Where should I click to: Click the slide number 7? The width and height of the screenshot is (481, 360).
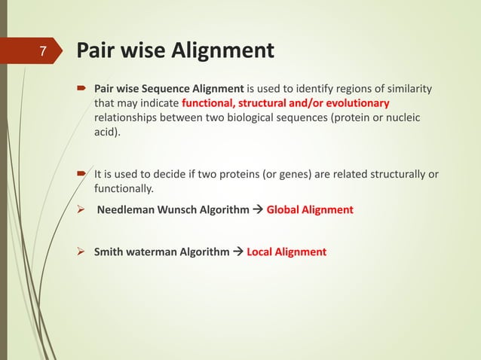pyautogui.click(x=43, y=53)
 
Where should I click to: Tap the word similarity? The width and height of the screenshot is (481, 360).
pyautogui.click(x=408, y=90)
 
